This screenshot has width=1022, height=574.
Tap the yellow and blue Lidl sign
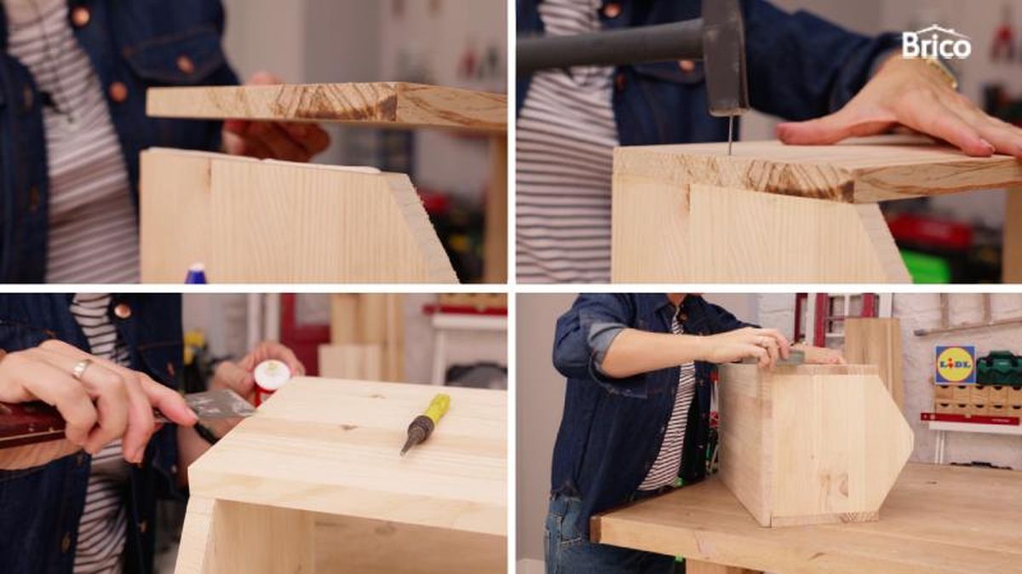tap(955, 364)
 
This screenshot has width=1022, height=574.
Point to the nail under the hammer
tap(730, 135)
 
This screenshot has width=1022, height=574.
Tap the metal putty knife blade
tap(219, 405)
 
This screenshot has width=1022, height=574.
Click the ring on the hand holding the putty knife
tap(82, 368)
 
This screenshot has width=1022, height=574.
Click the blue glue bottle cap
tap(196, 273)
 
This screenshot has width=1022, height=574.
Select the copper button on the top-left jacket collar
tap(81, 16)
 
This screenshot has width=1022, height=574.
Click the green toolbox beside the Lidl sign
tap(999, 368)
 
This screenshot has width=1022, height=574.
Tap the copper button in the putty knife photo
tap(123, 310)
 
